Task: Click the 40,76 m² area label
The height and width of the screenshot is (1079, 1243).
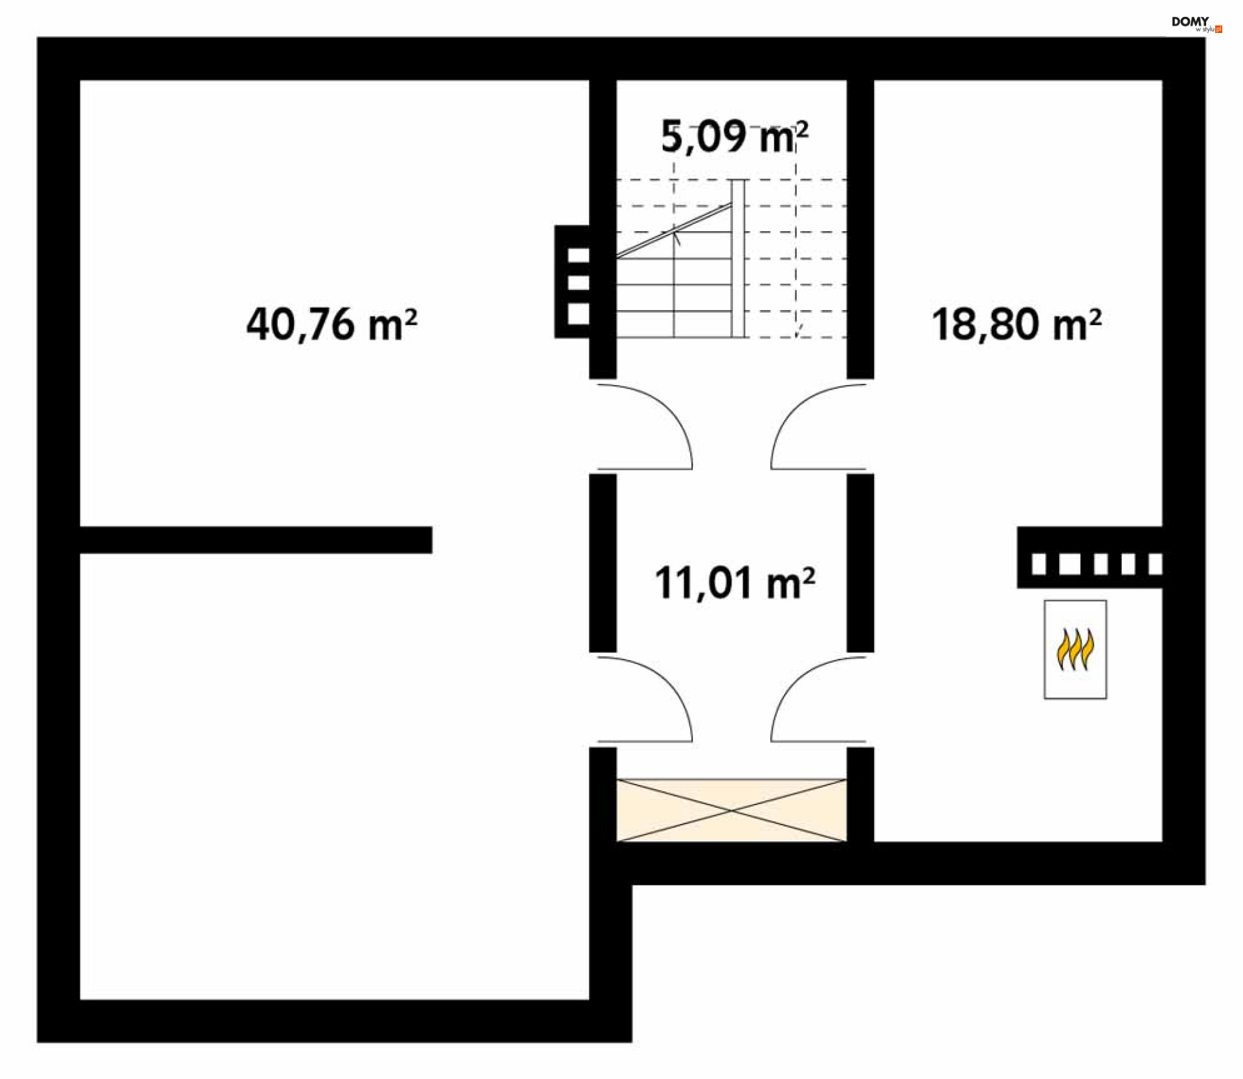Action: (331, 324)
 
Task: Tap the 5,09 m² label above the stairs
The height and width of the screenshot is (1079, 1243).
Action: (734, 137)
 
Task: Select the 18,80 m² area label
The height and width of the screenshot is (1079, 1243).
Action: (1016, 324)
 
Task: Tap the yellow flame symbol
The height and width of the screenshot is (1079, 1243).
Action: (1075, 649)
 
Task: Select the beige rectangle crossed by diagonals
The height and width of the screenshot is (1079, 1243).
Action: (731, 810)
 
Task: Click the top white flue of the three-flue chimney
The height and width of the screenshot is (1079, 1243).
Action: (578, 256)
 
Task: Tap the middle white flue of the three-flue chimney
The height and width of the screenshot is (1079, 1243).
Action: (578, 283)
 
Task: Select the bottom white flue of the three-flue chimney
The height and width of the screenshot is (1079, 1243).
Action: (578, 314)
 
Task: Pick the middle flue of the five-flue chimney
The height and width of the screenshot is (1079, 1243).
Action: (1100, 564)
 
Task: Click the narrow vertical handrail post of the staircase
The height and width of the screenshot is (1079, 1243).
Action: (737, 258)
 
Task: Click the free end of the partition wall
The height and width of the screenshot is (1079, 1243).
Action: (427, 540)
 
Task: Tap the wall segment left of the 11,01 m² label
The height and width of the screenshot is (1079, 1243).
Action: (603, 563)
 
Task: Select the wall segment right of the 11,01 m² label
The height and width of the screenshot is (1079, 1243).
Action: (860, 563)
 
